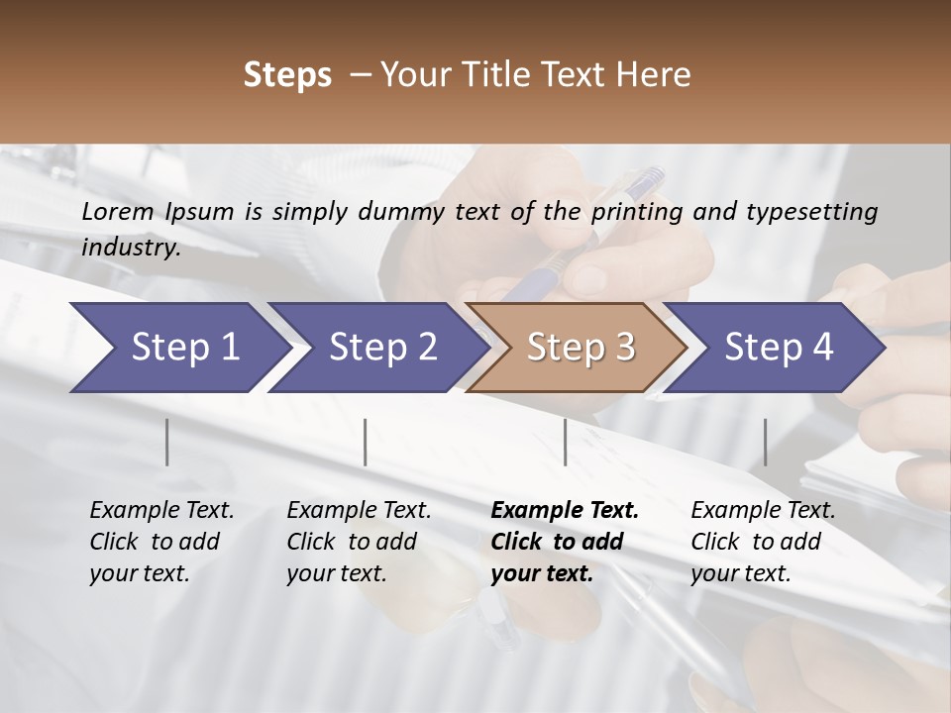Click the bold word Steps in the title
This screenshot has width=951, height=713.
point(287,75)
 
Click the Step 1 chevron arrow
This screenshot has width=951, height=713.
point(178,348)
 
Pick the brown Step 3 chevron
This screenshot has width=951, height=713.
point(579,348)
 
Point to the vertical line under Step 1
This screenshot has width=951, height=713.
point(167,442)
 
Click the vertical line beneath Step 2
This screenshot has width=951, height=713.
point(366,442)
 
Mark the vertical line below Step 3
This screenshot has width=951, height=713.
point(565,442)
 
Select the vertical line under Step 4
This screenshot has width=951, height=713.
point(765,442)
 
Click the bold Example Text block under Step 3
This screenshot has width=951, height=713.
point(564,542)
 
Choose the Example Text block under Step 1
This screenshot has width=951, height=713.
point(161,542)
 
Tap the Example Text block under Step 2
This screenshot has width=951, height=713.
point(359,542)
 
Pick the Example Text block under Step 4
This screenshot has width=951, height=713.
point(763,542)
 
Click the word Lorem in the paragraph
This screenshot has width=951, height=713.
point(118,211)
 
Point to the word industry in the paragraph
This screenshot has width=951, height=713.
point(130,248)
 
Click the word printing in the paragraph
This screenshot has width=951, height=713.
point(635,212)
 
